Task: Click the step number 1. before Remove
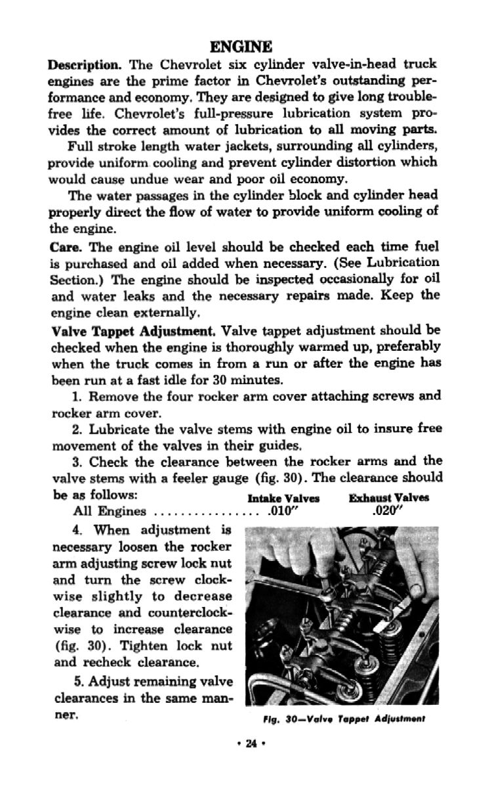coord(76,397)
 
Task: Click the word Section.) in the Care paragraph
coord(73,279)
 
